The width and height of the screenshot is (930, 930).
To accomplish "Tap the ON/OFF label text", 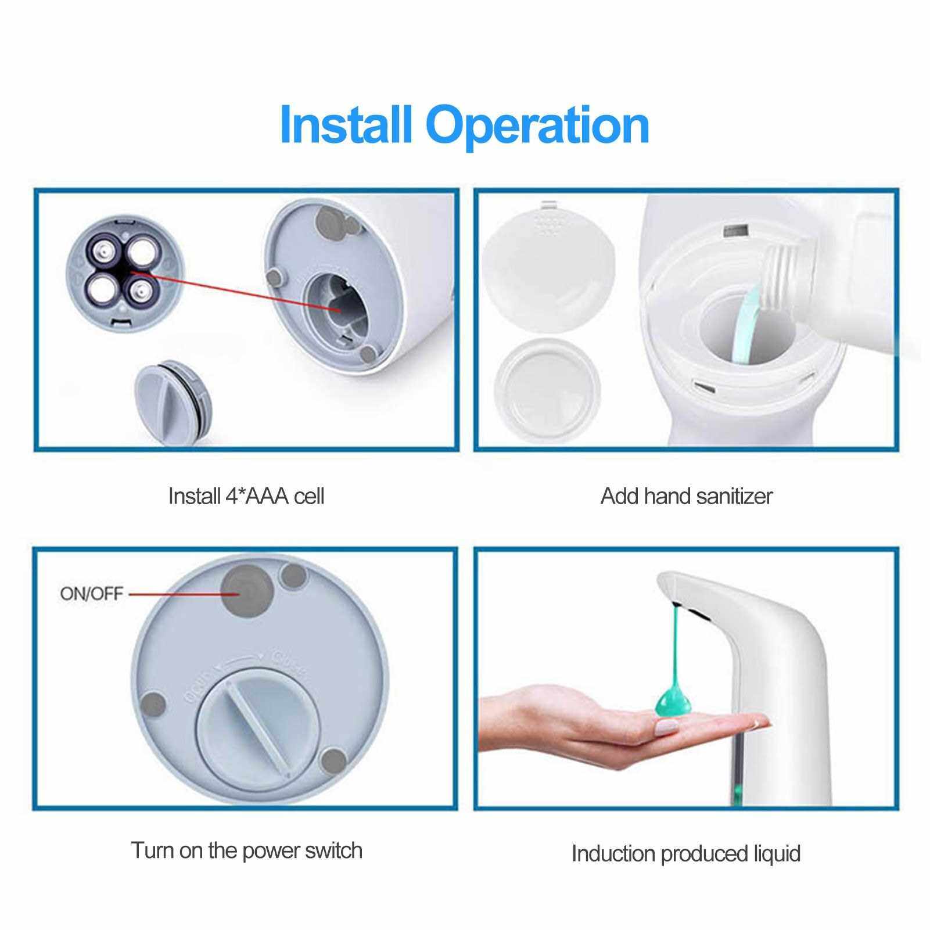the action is click(x=92, y=594).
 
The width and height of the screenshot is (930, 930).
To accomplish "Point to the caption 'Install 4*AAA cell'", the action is click(x=246, y=496).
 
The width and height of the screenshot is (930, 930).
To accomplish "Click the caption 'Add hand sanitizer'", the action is click(x=687, y=496).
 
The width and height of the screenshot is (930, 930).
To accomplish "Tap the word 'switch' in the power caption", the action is click(x=332, y=850).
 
